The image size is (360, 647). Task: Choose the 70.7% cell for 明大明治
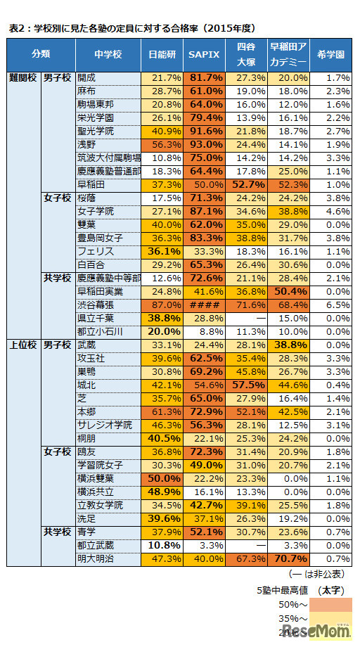(x=288, y=559)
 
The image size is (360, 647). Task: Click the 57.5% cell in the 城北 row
(x=246, y=385)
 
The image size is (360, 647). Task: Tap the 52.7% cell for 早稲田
(x=246, y=184)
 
